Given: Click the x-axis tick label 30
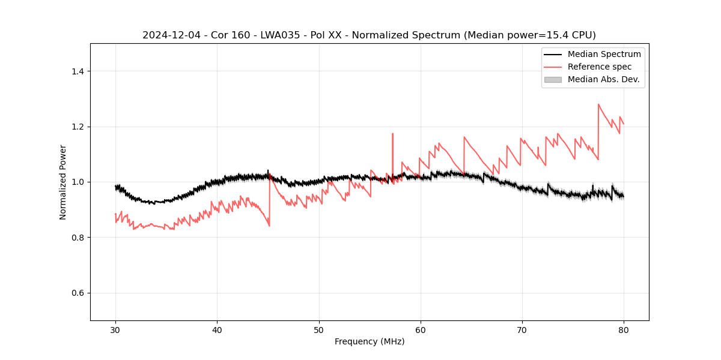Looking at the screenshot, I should (x=115, y=329).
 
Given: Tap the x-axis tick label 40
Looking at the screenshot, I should (x=217, y=329).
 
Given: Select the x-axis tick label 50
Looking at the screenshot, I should (x=319, y=329).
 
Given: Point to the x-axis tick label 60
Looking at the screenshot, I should (x=421, y=329).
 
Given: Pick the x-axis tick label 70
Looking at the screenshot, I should (x=522, y=329).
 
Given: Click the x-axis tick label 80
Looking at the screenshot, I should (x=624, y=329).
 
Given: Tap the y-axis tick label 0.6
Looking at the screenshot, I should (x=78, y=293).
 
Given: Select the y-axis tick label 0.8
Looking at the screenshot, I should (x=78, y=238).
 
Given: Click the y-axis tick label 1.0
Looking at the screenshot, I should (x=78, y=182).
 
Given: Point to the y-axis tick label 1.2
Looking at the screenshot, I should (x=78, y=127).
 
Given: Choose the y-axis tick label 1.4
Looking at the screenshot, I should (x=78, y=71).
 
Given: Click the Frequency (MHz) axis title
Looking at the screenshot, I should (x=370, y=341).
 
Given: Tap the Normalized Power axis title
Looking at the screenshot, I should (x=63, y=182).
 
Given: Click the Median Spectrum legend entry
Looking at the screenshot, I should (x=604, y=54).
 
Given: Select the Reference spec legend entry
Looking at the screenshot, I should (x=599, y=67).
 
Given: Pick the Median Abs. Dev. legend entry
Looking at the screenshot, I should (x=603, y=79).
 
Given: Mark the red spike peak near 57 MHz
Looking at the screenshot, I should (x=392, y=134).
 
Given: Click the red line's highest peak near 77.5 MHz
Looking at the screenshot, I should (x=598, y=104).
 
